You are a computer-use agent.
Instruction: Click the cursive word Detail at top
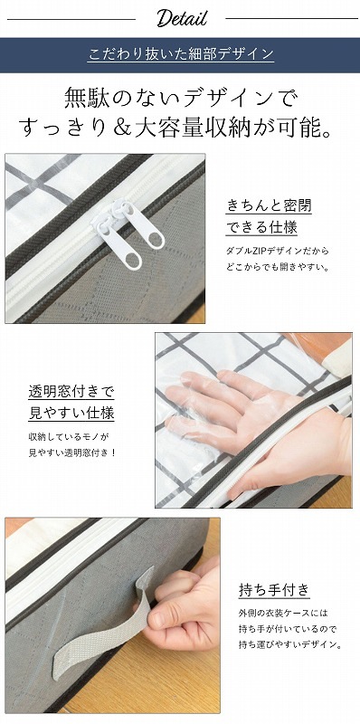click(x=182, y=18)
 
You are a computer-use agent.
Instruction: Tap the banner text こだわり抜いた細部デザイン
click(x=181, y=54)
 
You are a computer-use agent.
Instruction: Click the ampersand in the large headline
click(x=121, y=126)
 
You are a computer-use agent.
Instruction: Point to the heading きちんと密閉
click(x=269, y=205)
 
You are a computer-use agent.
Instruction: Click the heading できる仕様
click(x=261, y=227)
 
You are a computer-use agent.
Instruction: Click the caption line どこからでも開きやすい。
click(x=278, y=267)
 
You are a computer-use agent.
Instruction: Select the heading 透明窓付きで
click(x=71, y=392)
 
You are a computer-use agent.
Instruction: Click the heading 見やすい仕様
click(x=71, y=413)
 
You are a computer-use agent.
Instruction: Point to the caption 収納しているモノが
click(x=69, y=436)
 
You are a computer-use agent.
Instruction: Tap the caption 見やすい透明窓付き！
click(x=72, y=452)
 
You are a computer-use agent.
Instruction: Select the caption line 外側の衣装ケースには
click(x=283, y=614)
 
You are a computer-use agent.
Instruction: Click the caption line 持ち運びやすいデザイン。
click(x=290, y=644)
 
